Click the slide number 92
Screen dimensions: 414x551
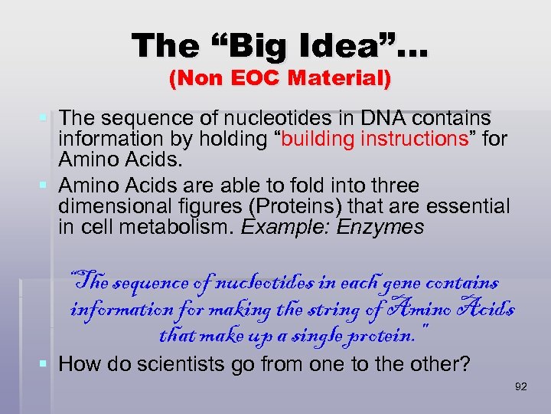point(521,386)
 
